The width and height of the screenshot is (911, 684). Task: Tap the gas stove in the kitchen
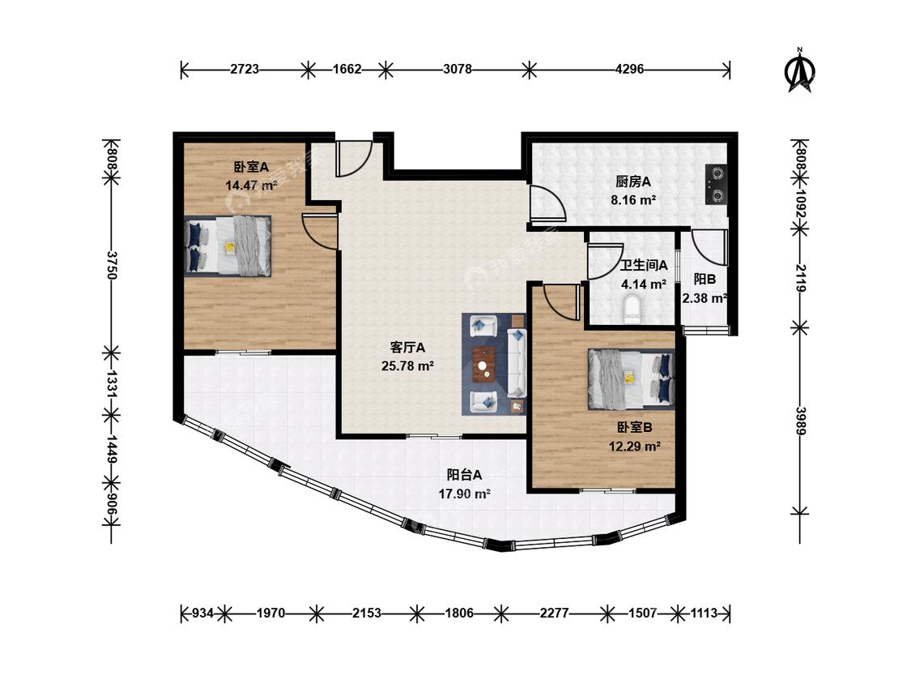(x=716, y=185)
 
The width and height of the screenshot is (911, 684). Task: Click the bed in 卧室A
(x=228, y=246)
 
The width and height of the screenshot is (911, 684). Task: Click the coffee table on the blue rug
(x=484, y=364)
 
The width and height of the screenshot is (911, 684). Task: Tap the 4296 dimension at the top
(x=629, y=69)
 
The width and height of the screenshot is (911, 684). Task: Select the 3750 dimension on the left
(x=112, y=265)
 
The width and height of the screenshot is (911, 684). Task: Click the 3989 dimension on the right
(x=801, y=421)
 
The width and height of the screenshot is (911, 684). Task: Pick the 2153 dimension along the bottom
(x=367, y=613)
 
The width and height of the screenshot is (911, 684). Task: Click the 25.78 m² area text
(x=408, y=366)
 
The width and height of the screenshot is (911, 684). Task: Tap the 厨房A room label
(x=633, y=182)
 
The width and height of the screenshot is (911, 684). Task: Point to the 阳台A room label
(x=464, y=475)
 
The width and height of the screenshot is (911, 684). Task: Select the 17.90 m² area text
(x=465, y=494)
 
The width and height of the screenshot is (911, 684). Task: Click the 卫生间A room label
(x=644, y=266)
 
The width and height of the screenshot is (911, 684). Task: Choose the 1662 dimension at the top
(x=347, y=69)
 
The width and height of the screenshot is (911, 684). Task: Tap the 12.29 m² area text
(x=634, y=447)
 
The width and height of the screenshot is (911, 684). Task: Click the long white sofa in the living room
(x=517, y=361)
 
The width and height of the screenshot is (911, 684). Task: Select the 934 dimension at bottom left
(x=203, y=613)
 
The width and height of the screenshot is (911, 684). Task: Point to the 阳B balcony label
(x=705, y=279)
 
